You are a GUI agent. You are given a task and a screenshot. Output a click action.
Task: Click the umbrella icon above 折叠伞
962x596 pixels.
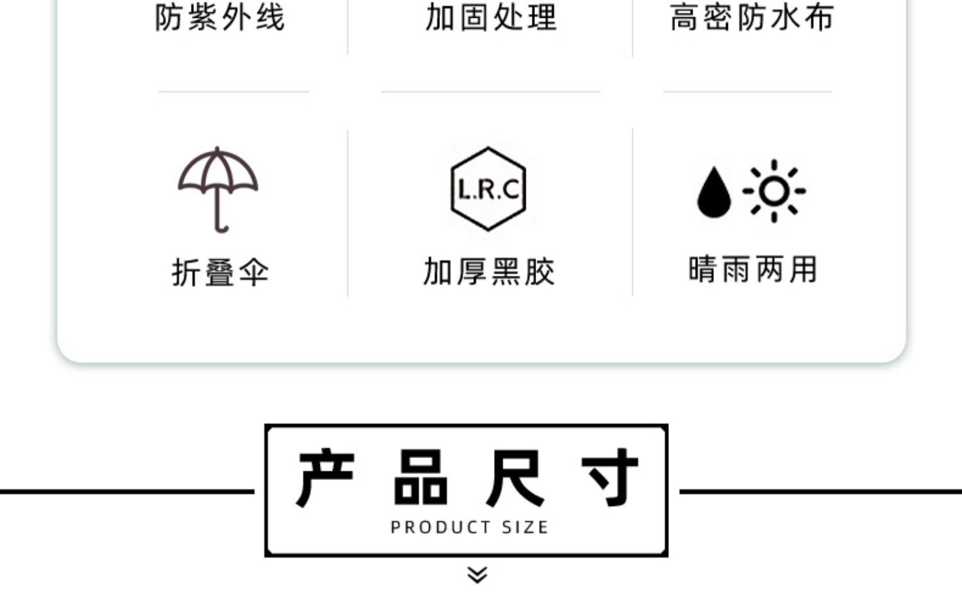coord(218,189)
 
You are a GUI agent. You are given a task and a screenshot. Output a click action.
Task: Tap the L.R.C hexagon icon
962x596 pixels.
coord(488,189)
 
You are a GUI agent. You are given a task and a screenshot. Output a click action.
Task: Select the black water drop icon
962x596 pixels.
coord(713,192)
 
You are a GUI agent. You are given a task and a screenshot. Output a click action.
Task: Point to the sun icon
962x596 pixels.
coord(774,191)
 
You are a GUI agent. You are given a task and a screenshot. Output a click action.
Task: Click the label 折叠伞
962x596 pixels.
coord(220,272)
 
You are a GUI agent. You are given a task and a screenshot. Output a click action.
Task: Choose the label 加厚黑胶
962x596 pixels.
coord(489,271)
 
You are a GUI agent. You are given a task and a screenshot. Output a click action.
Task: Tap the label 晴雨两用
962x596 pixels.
coord(753,269)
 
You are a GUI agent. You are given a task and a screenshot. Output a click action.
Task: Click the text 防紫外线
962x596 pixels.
coord(220,17)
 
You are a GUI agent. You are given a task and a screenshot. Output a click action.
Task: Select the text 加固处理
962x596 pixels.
coord(491,17)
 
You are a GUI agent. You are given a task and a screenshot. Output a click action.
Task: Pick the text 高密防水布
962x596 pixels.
coord(752,17)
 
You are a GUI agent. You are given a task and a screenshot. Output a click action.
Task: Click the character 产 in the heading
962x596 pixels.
coord(325,478)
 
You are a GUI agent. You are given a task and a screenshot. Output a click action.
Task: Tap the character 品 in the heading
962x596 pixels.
coord(420,478)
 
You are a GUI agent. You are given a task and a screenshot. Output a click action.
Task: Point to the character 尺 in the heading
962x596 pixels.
coord(515,478)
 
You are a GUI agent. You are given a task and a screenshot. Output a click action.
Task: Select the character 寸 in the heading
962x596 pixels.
coord(610,478)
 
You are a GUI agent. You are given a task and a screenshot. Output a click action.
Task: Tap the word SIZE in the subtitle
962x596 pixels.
coord(525,527)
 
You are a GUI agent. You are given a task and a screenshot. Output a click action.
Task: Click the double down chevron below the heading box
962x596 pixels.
coord(477,574)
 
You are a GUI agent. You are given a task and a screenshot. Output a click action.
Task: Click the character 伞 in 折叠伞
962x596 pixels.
coord(254,272)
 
